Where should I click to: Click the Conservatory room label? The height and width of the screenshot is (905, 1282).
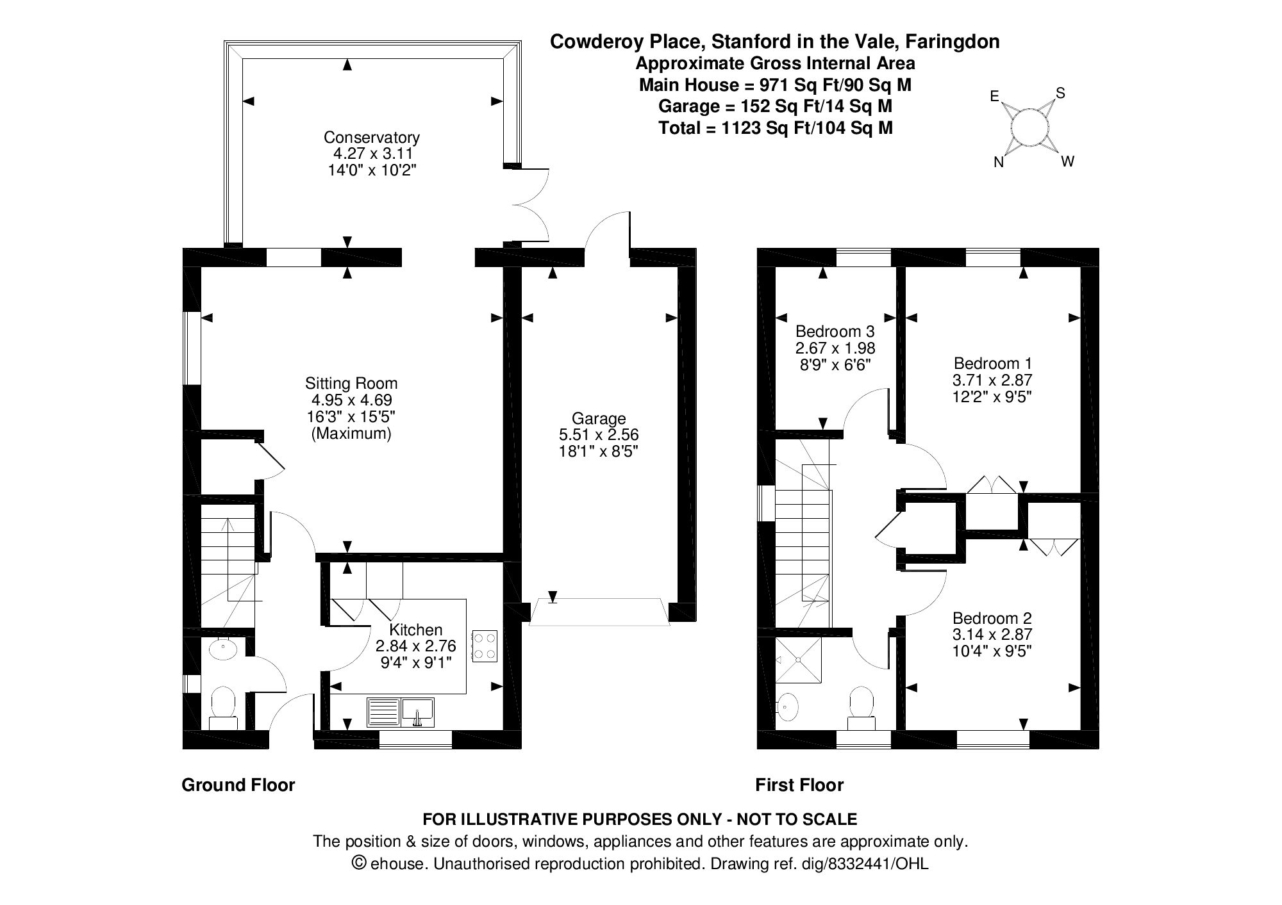coord(371,137)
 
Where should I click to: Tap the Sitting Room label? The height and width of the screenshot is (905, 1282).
coord(351,383)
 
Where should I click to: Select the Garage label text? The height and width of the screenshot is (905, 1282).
coord(599,419)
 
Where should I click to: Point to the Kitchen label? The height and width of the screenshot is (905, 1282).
coord(416,630)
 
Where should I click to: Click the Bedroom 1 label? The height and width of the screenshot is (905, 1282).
coord(992,363)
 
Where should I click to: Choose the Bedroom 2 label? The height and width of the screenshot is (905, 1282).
coord(992,618)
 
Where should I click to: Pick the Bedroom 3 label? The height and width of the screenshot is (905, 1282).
coord(835,331)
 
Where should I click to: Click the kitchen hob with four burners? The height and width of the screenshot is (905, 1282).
coord(485,646)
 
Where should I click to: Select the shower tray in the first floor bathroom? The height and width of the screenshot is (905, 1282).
coord(798,659)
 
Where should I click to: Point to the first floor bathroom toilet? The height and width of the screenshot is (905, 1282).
coord(862,708)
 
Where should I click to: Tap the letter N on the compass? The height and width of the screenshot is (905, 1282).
coord(999,163)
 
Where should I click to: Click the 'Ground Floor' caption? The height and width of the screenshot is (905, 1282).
coord(238,785)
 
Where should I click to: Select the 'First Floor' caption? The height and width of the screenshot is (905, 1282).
coord(799,785)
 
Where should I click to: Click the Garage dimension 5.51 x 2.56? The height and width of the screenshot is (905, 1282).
coord(599,435)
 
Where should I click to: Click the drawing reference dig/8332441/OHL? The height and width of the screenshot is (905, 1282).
coord(865,864)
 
